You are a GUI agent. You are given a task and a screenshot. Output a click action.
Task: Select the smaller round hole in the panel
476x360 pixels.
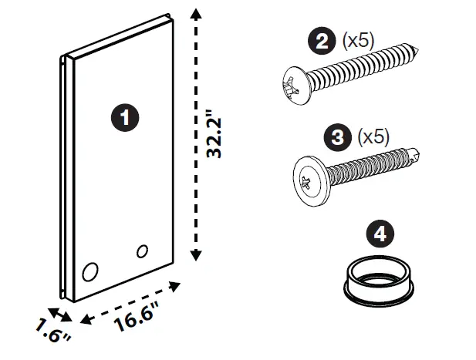tap(141, 251)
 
